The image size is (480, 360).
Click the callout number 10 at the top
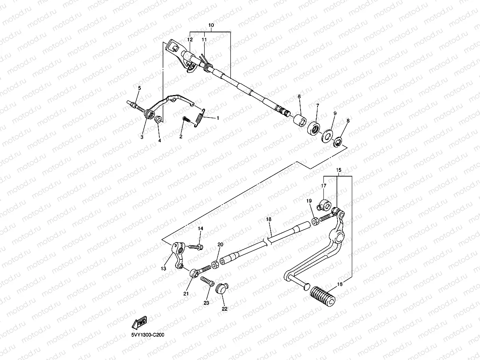coord(211,25)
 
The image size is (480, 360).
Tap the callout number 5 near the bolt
coord(139,87)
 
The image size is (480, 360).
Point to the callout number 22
coord(224,309)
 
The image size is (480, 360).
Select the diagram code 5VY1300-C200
coord(148,335)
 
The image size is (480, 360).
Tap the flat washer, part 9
coord(327,136)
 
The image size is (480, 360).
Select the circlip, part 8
coord(338,142)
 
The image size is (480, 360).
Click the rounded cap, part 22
coord(222,288)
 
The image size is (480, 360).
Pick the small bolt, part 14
coord(195,247)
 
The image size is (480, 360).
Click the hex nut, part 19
coord(316,222)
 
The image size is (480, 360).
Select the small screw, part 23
coord(207,282)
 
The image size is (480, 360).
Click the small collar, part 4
coord(157,119)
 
